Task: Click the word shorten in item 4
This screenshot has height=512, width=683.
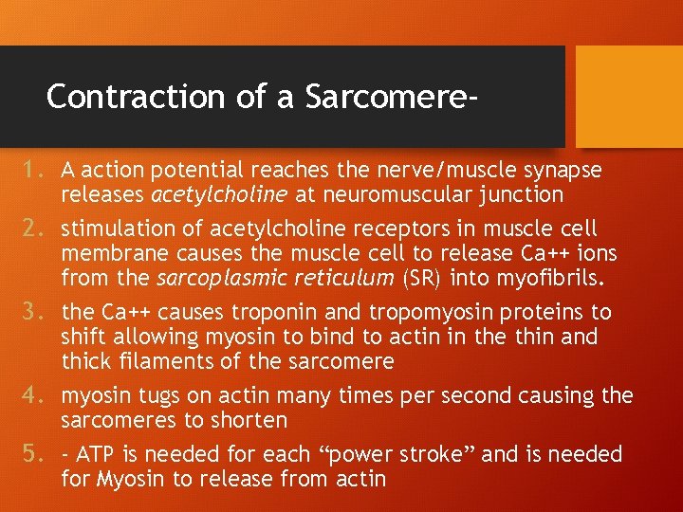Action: point(249,420)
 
